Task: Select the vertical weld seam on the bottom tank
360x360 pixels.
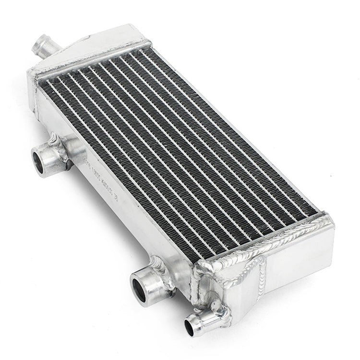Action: [263, 278]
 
